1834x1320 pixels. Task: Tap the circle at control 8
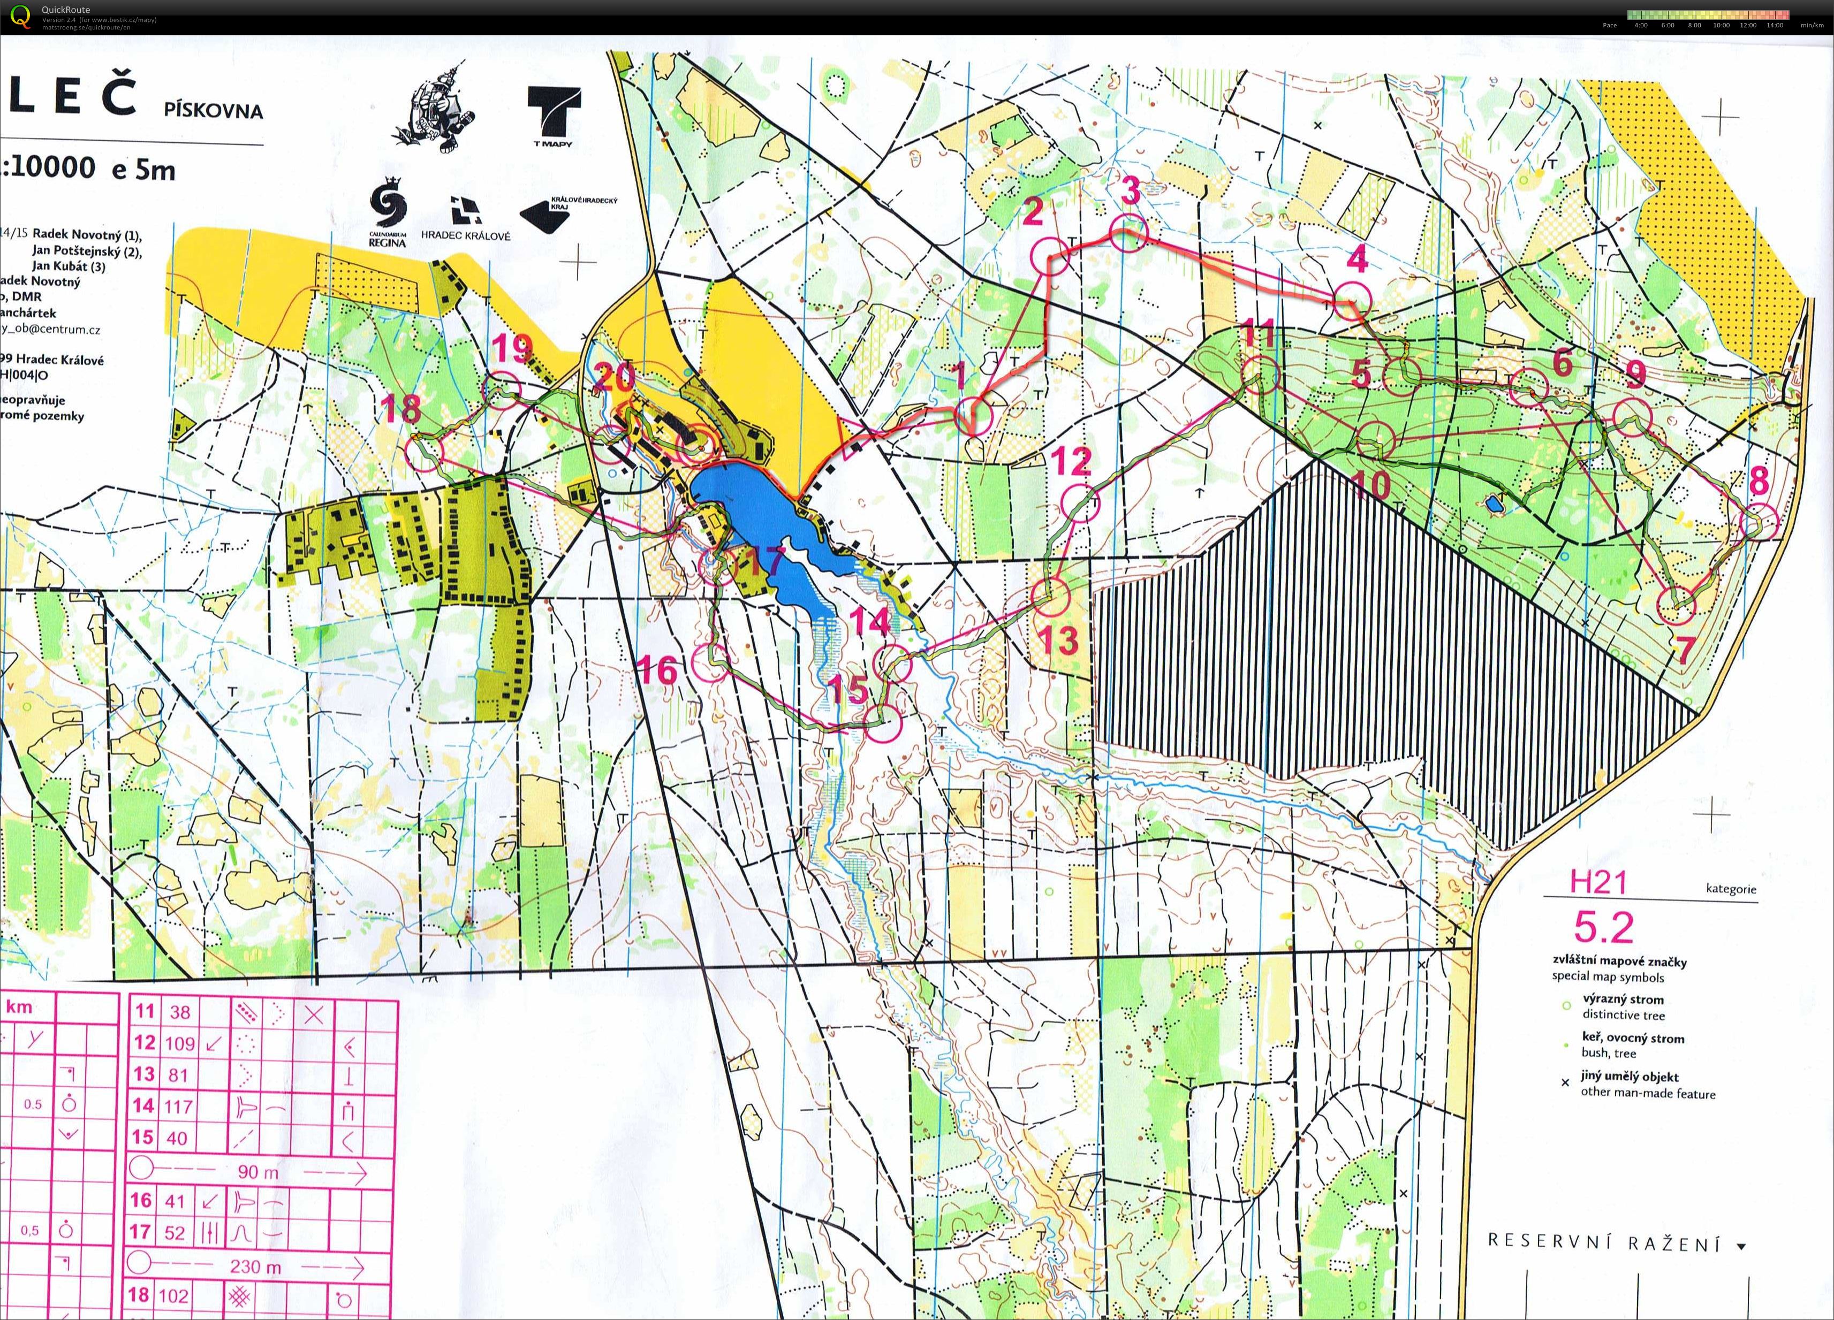pyautogui.click(x=1760, y=522)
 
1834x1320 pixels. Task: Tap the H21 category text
pyautogui.click(x=1597, y=882)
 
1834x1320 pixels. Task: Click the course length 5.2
pyautogui.click(x=1603, y=926)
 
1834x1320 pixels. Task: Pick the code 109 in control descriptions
pyautogui.click(x=179, y=1043)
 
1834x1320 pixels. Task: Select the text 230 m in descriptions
pyautogui.click(x=255, y=1266)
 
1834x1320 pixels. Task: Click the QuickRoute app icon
pyautogui.click(x=20, y=16)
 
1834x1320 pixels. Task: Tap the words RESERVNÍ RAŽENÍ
pyautogui.click(x=1605, y=1243)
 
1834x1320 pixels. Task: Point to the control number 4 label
pyautogui.click(x=1357, y=260)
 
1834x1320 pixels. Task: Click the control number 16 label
pyautogui.click(x=657, y=670)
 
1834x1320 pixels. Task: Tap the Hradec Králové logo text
pyautogui.click(x=466, y=236)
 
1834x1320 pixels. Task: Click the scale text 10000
pyautogui.click(x=55, y=167)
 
